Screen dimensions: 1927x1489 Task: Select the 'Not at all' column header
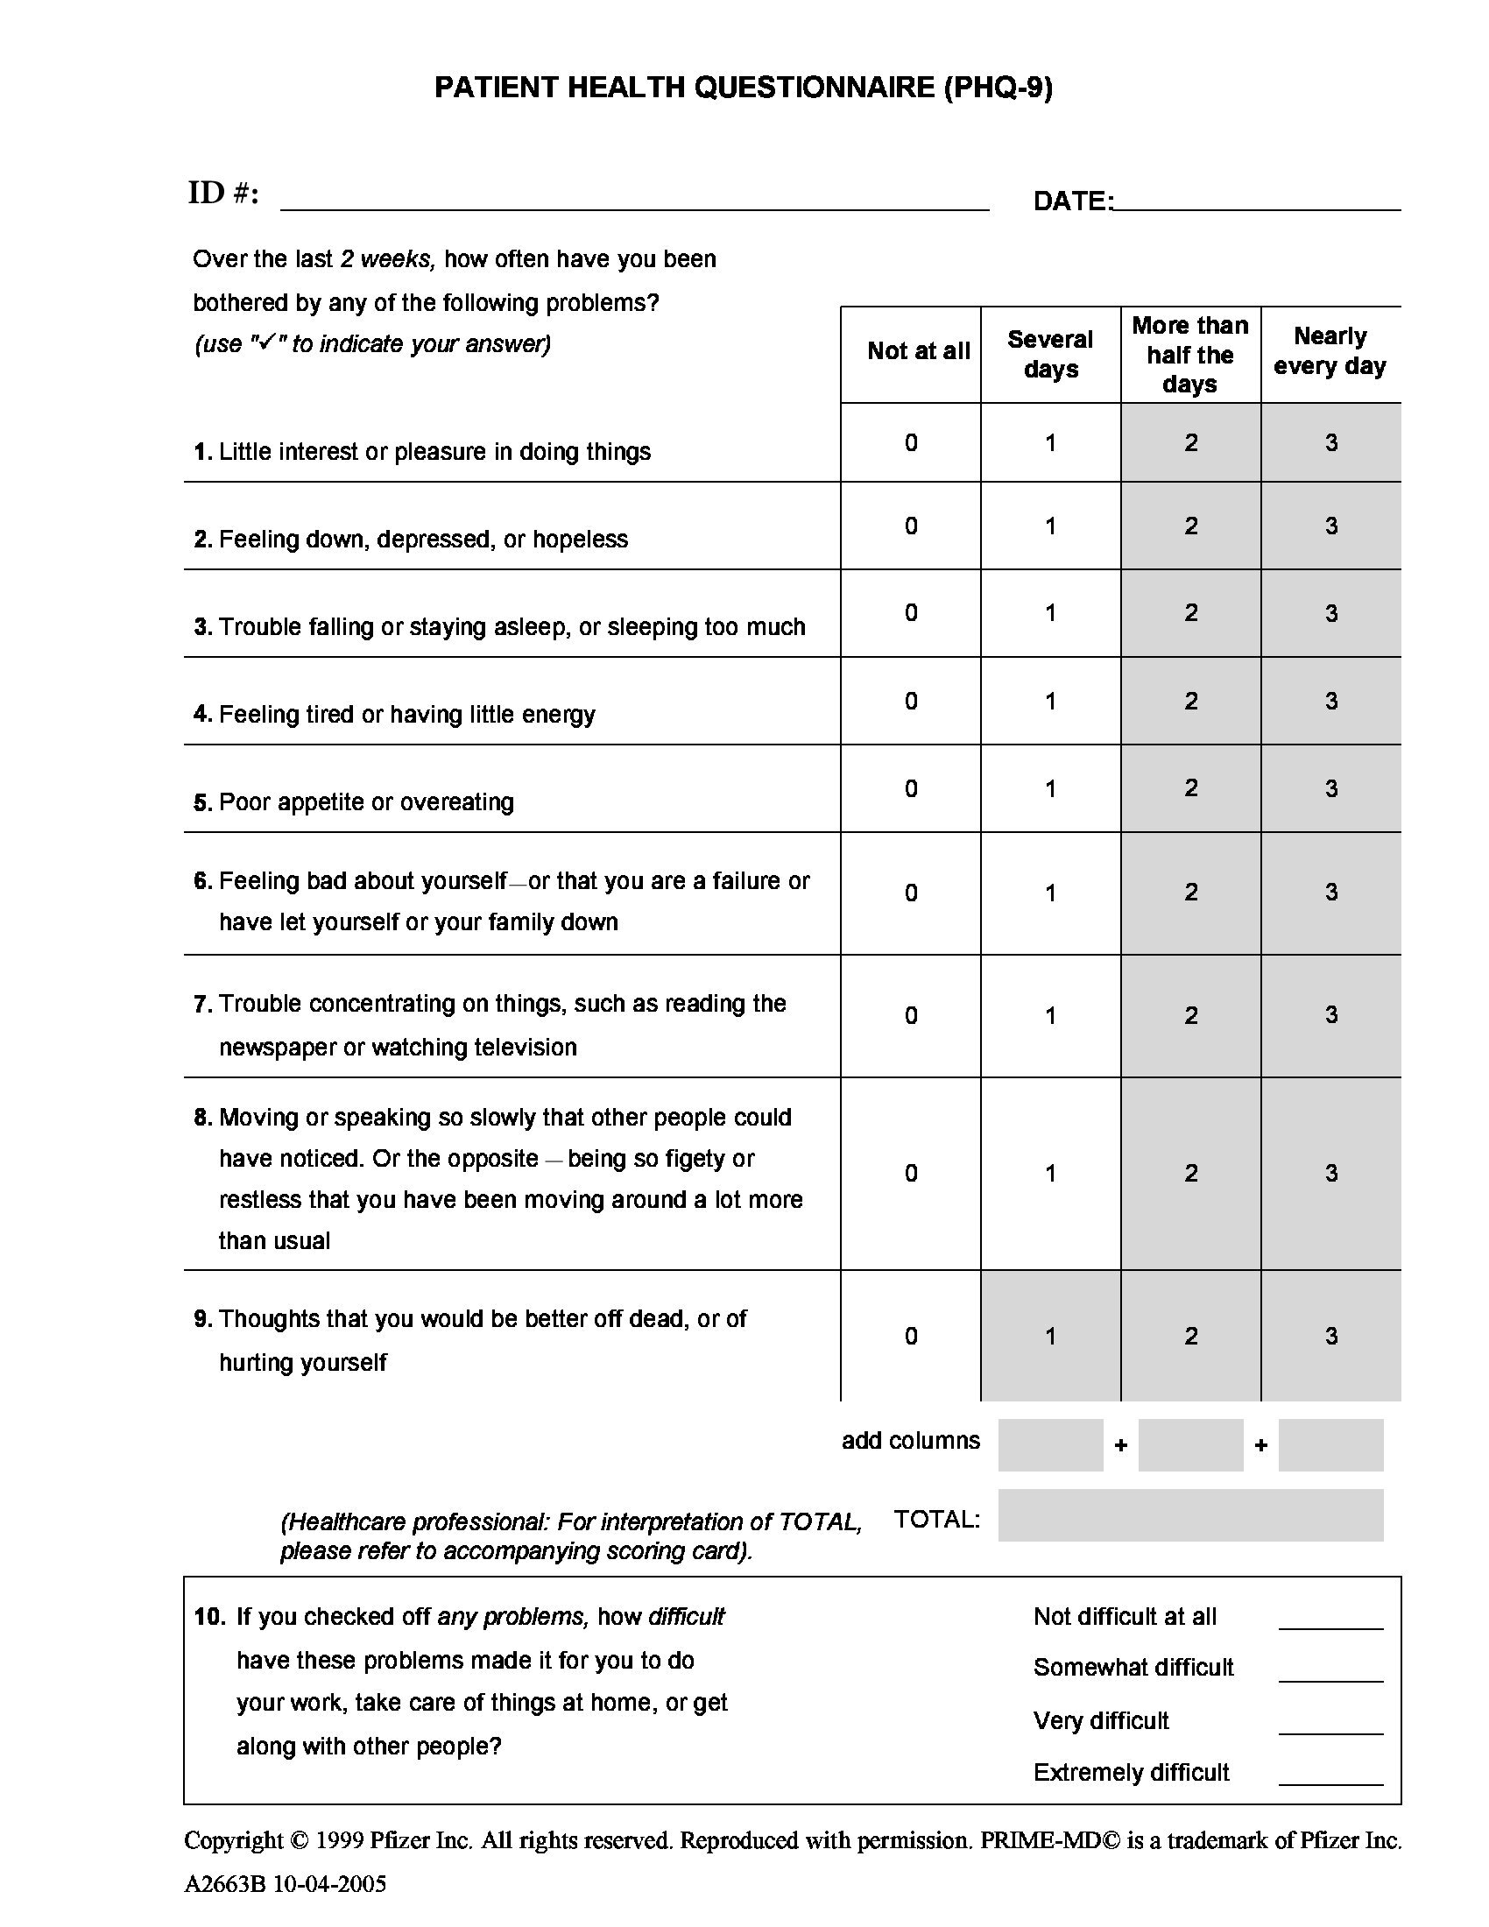pyautogui.click(x=918, y=351)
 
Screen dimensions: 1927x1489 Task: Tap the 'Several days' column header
pyautogui.click(x=1049, y=354)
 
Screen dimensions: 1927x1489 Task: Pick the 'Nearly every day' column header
pyautogui.click(x=1330, y=351)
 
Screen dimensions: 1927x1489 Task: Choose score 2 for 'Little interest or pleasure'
pyautogui.click(x=1191, y=443)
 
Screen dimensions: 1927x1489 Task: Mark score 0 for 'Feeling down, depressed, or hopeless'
pyautogui.click(x=911, y=526)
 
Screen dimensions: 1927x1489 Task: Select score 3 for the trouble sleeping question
pyautogui.click(x=1331, y=613)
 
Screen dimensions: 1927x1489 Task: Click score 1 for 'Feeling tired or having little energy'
pyautogui.click(x=1050, y=702)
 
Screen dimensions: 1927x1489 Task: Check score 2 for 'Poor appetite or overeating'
pyautogui.click(x=1191, y=788)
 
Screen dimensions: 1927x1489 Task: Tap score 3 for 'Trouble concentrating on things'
pyautogui.click(x=1331, y=1014)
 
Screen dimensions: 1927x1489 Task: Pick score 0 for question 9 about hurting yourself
pyautogui.click(x=911, y=1336)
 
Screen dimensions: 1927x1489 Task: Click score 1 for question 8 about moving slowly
pyautogui.click(x=1050, y=1173)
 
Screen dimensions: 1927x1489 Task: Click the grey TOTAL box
pyautogui.click(x=1190, y=1515)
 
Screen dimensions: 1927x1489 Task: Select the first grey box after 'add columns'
pyautogui.click(x=1049, y=1444)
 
